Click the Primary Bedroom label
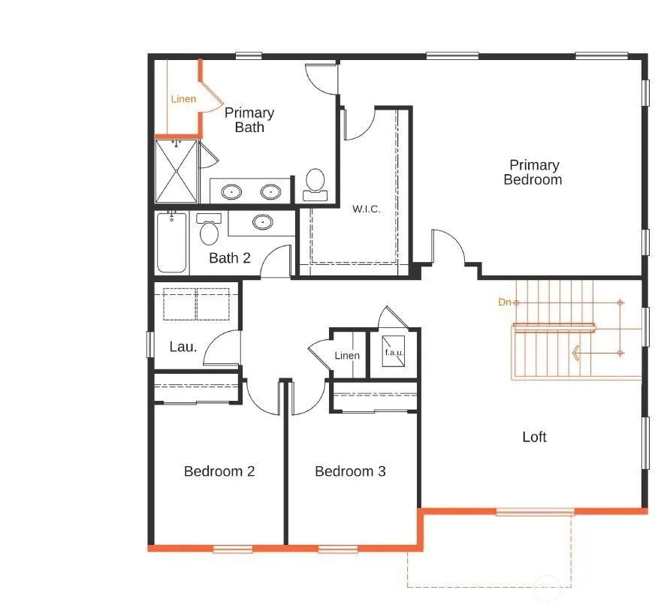[533, 172]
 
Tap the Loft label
[534, 437]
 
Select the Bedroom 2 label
[219, 471]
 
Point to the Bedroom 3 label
[350, 471]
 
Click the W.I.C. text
[367, 209]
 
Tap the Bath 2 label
[229, 258]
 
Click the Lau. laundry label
[183, 347]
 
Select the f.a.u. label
[394, 353]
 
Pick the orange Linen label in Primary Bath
[183, 99]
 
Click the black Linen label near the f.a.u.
[347, 355]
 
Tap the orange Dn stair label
[504, 302]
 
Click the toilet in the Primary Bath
[315, 185]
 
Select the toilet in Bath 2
[209, 229]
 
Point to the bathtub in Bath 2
[171, 242]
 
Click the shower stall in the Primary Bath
[176, 171]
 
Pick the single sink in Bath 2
[262, 222]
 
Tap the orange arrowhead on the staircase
[575, 353]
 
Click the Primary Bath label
[249, 120]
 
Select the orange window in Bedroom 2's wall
[233, 549]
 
